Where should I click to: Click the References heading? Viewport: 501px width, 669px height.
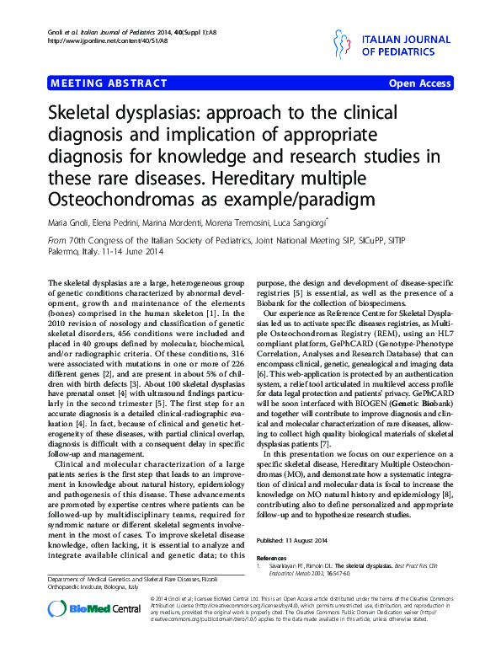tap(272, 558)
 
